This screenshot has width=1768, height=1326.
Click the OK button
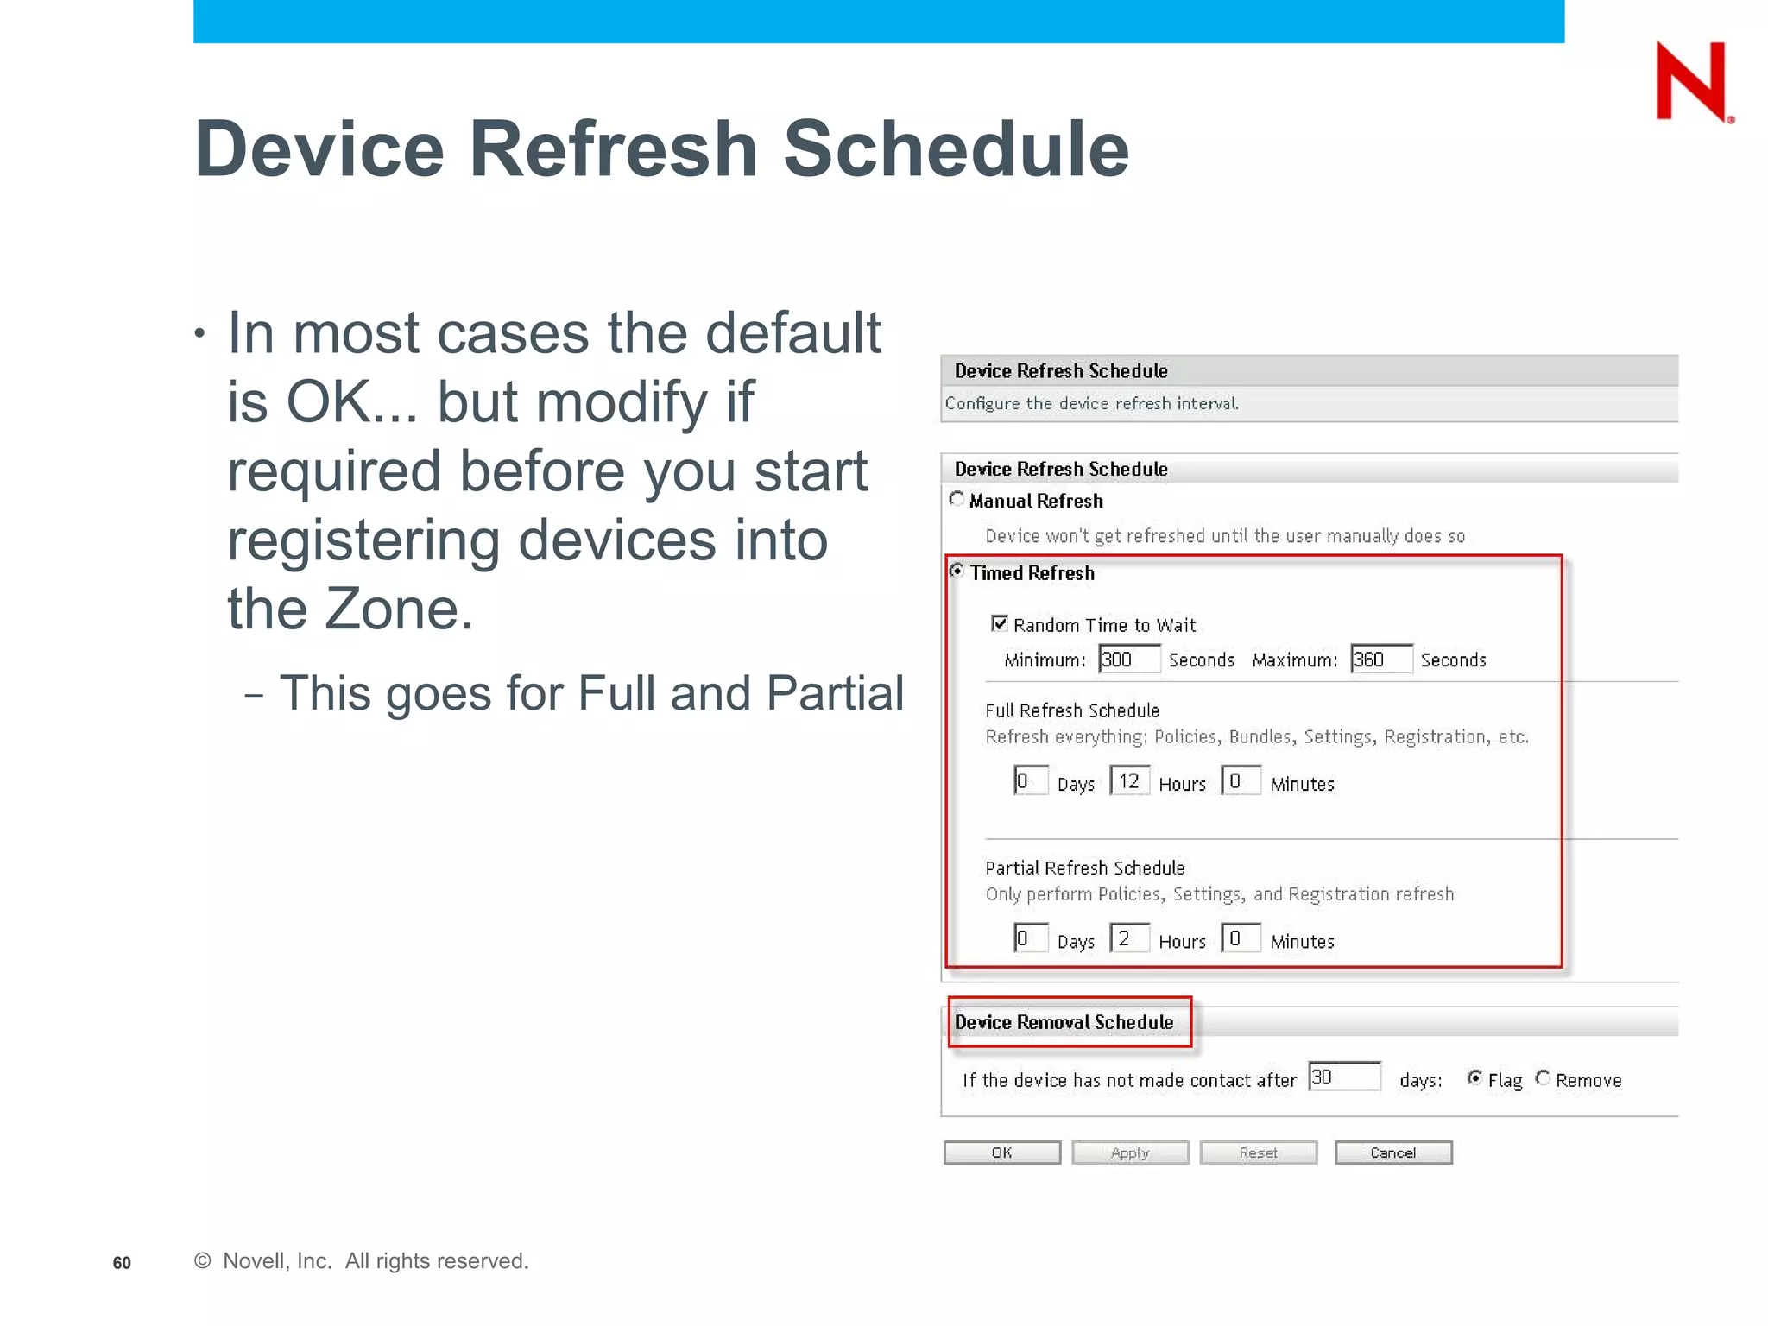(1001, 1152)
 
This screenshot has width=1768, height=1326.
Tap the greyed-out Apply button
(1130, 1152)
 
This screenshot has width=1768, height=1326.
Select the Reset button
(1258, 1152)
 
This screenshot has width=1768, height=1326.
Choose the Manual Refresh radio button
(957, 499)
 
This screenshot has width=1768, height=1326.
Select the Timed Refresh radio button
(957, 571)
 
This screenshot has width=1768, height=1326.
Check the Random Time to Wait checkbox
(1000, 623)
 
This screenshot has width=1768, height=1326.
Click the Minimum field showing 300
(1129, 660)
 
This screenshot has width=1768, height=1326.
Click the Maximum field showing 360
(1381, 660)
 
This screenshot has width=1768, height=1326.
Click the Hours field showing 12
(1130, 781)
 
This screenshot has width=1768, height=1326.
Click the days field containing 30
(1344, 1077)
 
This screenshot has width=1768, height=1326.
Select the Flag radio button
(1474, 1077)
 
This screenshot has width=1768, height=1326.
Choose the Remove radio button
(1543, 1077)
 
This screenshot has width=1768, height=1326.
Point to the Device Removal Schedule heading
(1064, 1022)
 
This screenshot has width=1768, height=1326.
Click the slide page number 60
(122, 1263)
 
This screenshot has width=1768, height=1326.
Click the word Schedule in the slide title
(956, 148)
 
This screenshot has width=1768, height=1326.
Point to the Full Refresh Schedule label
(1072, 710)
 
